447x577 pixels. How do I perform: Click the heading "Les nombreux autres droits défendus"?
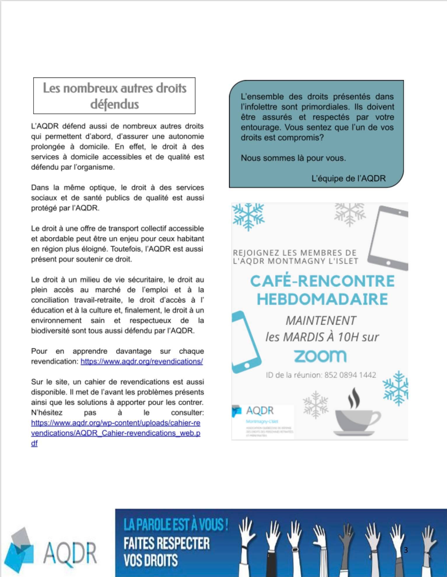point(114,96)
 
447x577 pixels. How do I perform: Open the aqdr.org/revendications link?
point(142,361)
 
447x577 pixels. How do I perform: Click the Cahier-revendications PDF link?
point(115,433)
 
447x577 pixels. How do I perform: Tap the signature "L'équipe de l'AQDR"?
point(348,178)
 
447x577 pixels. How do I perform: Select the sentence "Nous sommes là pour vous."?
point(293,158)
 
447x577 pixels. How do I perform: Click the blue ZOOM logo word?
point(320,356)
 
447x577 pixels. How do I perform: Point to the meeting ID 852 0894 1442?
point(321,375)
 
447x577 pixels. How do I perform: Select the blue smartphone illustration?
point(246,342)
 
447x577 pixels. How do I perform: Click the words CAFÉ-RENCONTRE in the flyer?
point(322,281)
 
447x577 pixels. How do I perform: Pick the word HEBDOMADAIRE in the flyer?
point(322,299)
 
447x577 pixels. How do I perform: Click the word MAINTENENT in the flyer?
point(320,321)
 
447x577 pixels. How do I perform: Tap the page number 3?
point(406,550)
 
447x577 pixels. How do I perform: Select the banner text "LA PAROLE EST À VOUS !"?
point(176,525)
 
